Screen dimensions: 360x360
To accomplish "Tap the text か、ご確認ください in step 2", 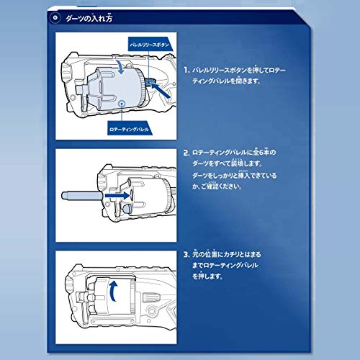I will coord(224,189).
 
